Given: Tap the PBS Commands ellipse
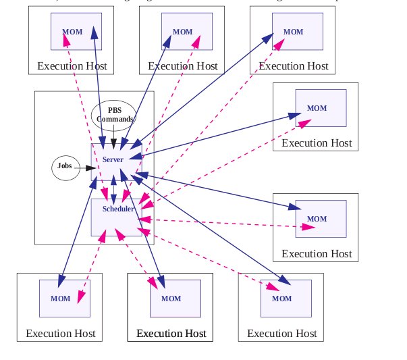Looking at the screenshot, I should [113, 115].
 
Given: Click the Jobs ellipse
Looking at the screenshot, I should [65, 165].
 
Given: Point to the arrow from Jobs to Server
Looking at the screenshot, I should [85, 166].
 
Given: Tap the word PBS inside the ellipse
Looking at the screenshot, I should [113, 111].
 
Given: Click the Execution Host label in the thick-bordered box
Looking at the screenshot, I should [171, 334].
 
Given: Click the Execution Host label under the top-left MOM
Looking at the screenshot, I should [72, 66].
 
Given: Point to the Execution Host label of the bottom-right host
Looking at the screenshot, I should [281, 334].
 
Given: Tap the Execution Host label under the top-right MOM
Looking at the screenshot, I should [294, 66].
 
